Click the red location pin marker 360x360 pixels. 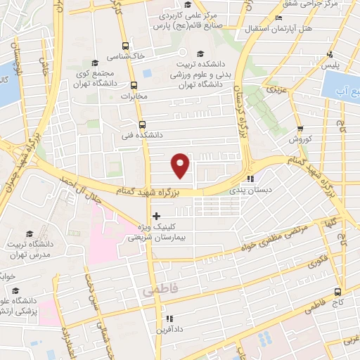[181, 165]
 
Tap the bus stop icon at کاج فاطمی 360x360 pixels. [338, 291]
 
